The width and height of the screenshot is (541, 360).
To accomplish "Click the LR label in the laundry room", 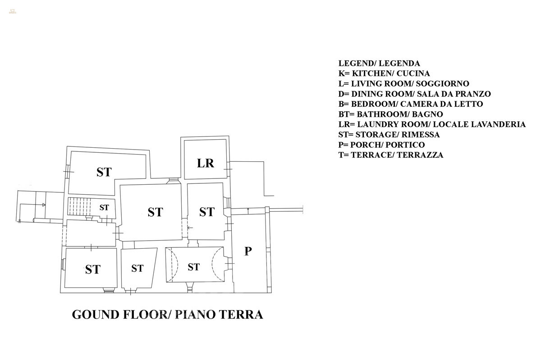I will coord(206,163).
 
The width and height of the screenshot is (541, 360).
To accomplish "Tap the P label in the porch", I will coord(248,251).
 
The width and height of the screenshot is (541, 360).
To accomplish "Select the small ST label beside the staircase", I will coord(104,208).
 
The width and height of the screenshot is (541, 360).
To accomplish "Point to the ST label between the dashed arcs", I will coord(193,267).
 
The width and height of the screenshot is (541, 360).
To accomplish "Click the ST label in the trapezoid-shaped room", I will coord(138,269).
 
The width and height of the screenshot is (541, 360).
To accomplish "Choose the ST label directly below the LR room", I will coord(206,212).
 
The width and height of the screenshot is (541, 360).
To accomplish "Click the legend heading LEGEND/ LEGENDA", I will coord(379,64).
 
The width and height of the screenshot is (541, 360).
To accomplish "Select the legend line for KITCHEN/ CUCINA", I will coord(384,73).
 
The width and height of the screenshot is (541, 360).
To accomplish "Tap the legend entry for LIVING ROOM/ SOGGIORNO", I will coord(404,84).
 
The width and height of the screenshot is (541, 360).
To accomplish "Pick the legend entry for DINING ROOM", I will coord(415,94).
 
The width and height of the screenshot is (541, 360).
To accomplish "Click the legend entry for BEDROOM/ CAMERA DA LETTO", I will coord(411,104).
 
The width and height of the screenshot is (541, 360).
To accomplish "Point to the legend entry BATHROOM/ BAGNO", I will coord(390,114).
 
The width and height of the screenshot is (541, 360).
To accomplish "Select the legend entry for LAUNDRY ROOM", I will coord(432,124).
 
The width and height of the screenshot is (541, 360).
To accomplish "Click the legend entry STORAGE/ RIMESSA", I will coord(389,135).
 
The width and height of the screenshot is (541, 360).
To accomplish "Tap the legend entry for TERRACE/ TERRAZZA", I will coord(391,155).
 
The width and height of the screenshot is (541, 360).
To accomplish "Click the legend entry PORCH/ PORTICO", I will coord(381,145).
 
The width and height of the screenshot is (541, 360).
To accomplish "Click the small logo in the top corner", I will coord(12,11).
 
